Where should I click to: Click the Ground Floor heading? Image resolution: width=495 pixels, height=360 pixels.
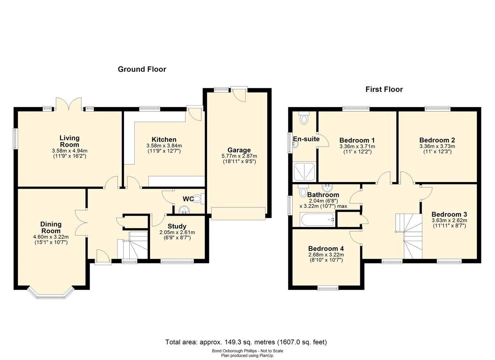[142, 69]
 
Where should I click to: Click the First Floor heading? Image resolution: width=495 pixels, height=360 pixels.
[384, 89]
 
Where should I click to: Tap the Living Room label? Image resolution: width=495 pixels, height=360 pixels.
[70, 141]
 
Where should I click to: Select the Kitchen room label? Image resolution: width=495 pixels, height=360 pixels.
[164, 139]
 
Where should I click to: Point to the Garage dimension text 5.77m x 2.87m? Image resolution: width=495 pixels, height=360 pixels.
[239, 156]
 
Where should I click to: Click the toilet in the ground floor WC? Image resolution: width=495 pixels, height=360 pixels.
[199, 198]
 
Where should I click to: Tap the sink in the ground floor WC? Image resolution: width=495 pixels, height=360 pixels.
[184, 210]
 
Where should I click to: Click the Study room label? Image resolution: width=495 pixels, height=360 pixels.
[177, 226]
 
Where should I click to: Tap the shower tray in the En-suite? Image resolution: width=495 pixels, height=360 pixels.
[304, 172]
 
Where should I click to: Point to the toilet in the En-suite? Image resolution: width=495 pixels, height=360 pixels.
[304, 118]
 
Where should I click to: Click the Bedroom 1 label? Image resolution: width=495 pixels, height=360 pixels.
[357, 140]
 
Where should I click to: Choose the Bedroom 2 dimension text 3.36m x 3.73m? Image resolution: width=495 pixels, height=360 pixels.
[437, 146]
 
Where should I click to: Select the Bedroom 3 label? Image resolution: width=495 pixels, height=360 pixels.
[449, 214]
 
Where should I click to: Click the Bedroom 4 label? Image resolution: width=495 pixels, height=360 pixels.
[326, 248]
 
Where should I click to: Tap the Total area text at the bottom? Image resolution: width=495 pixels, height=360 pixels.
[246, 342]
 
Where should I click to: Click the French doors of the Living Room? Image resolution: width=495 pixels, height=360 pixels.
[69, 104]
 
